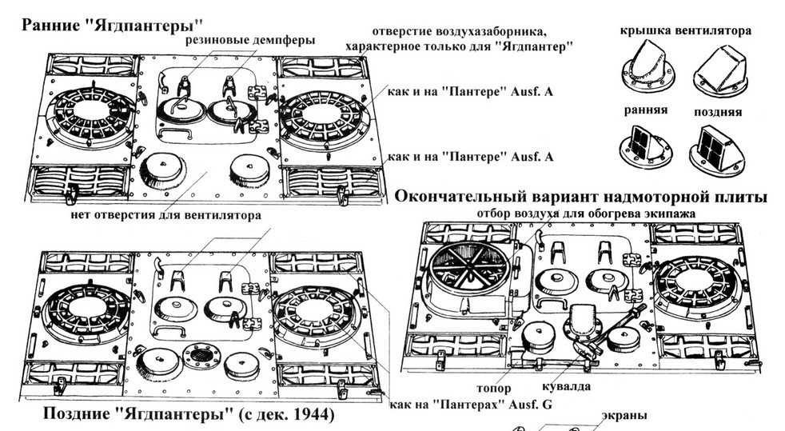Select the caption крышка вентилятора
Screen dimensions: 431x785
(x=685, y=30)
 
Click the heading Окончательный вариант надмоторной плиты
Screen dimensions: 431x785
(x=581, y=196)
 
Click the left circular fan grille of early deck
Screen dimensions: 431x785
(x=90, y=118)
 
